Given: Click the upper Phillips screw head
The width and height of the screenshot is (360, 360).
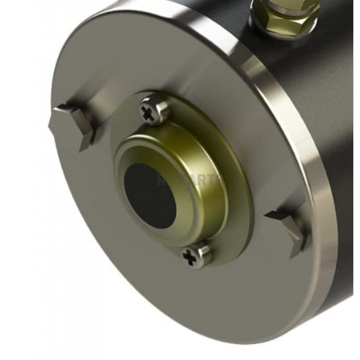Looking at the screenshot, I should pos(154,111).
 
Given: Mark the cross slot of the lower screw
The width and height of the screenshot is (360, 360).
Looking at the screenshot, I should pos(190,258).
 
